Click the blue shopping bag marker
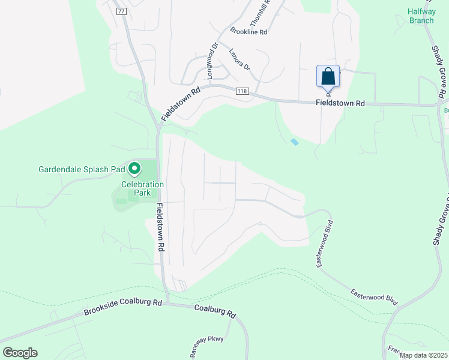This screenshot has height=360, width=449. click(328, 77)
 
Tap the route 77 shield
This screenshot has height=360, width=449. click(121, 11)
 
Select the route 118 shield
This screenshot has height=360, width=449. click(242, 91)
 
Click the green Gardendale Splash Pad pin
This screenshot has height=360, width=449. click(134, 169)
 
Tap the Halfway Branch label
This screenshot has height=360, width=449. click(421, 16)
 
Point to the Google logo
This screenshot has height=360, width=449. click(19, 353)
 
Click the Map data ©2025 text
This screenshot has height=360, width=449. click(423, 355)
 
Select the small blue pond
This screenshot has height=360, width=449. click(294, 142)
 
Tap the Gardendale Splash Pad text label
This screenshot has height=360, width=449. click(81, 169)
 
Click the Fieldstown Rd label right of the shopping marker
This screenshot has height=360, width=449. click(340, 103)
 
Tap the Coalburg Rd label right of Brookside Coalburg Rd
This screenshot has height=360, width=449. click(215, 311)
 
